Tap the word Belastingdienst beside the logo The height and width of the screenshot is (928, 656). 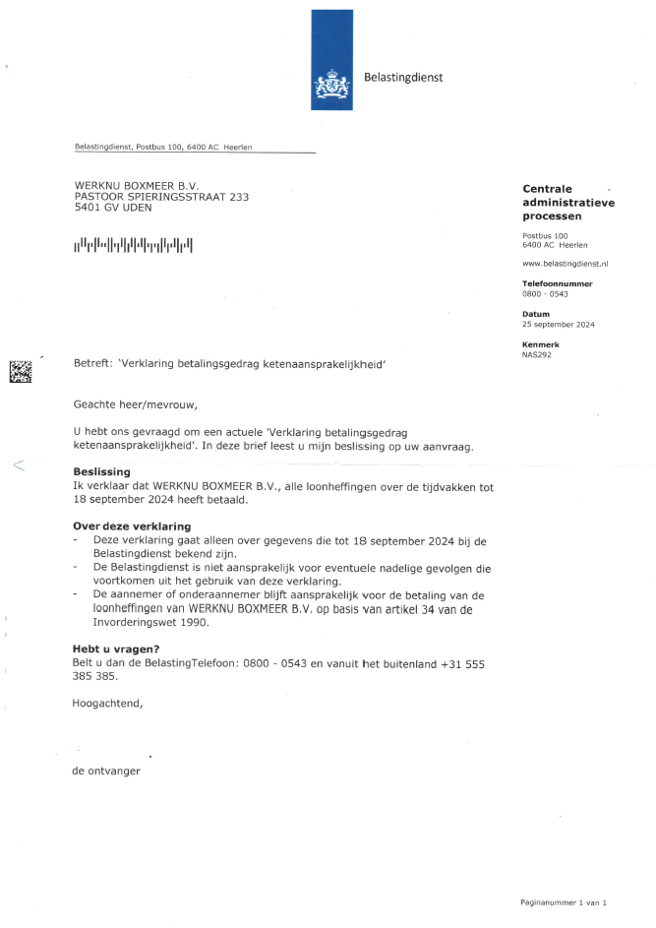403,77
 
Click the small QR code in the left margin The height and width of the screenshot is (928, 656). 21,371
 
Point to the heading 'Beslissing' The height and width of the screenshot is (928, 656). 101,471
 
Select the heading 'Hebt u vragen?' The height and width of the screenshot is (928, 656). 116,649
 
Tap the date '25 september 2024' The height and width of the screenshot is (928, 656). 558,324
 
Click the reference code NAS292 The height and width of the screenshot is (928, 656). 536,354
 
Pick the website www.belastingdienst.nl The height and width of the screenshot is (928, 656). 566,264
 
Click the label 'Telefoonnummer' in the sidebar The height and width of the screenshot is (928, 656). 557,283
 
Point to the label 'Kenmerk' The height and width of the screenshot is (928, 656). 540,344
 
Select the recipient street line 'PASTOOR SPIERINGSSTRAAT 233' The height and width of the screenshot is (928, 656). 161,196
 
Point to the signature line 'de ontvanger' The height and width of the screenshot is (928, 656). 106,772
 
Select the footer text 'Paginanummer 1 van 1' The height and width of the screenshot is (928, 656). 564,901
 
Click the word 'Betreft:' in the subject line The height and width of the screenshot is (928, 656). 93,364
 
